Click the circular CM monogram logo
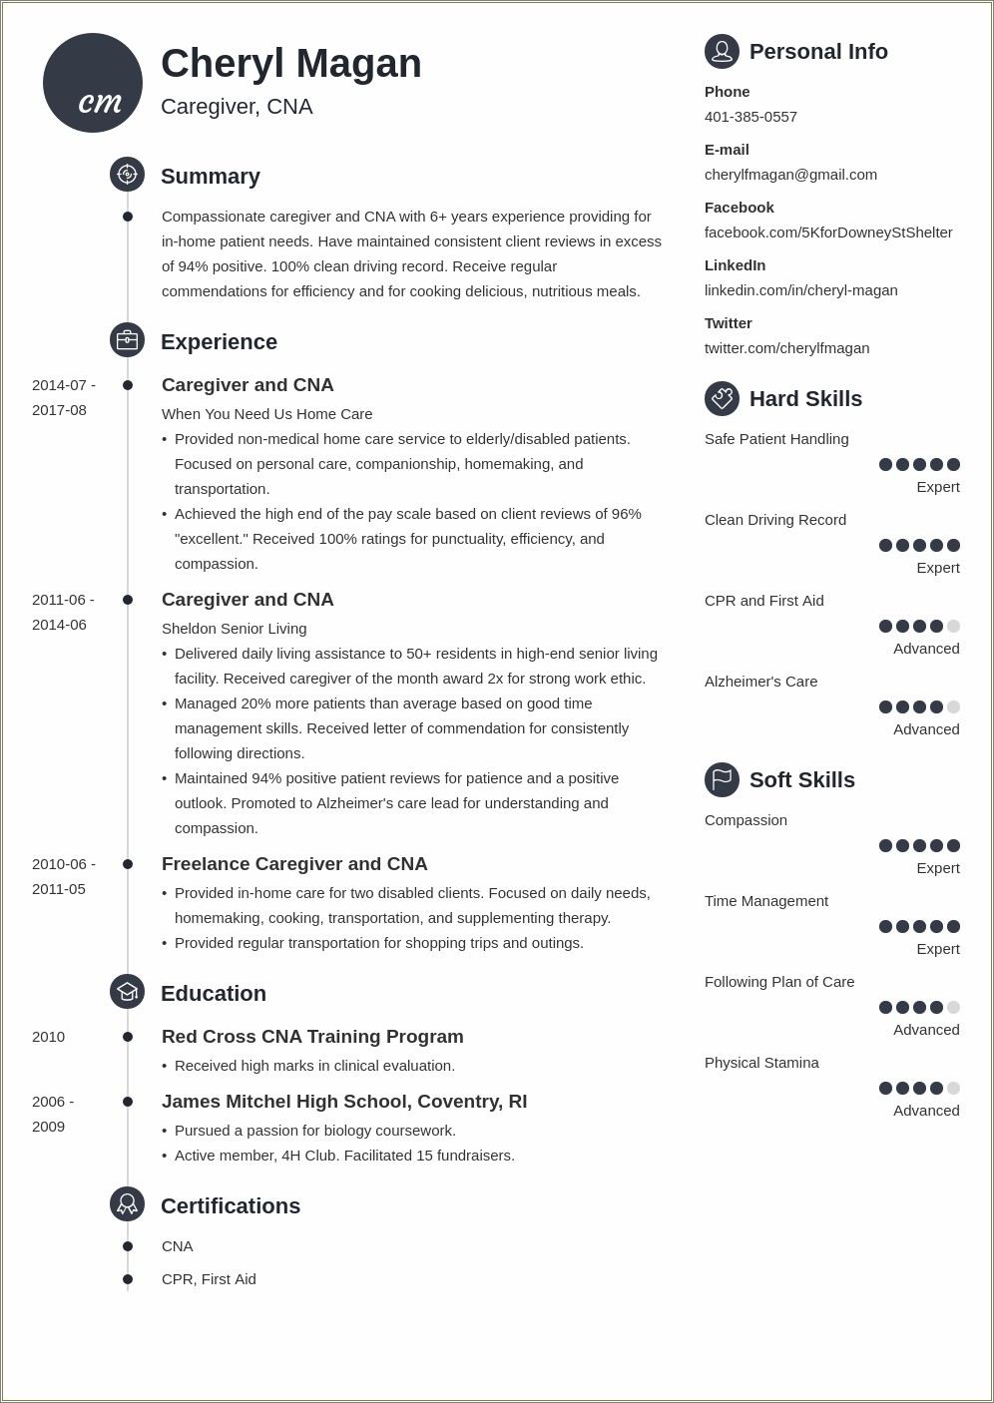click(x=93, y=83)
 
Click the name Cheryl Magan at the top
click(x=290, y=64)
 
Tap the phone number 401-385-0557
click(x=750, y=117)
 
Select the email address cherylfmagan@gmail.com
click(x=790, y=175)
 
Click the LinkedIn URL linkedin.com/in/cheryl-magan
click(x=800, y=290)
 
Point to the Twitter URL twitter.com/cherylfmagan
click(x=786, y=348)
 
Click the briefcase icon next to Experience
click(x=127, y=340)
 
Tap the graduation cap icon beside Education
click(x=127, y=992)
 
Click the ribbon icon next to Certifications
click(x=127, y=1204)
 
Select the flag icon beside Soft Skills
click(x=722, y=779)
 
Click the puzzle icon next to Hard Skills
click(x=722, y=398)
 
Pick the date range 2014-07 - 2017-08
click(x=64, y=397)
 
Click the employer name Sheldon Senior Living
click(x=234, y=629)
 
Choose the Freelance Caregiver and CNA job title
click(x=294, y=864)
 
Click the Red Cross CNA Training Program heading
click(x=312, y=1037)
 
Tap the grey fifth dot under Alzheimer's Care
click(x=953, y=707)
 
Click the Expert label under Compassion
click(x=937, y=868)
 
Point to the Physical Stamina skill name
click(x=761, y=1063)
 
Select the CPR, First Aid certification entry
click(x=209, y=1279)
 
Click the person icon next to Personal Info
click(x=722, y=51)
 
